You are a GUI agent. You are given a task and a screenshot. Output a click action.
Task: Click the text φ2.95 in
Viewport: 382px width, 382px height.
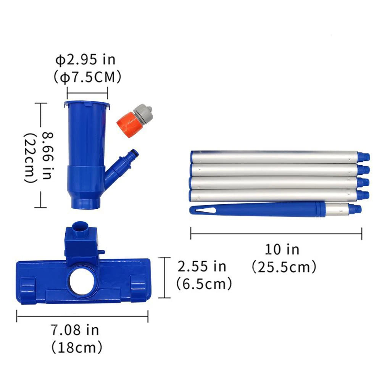coord(85,60)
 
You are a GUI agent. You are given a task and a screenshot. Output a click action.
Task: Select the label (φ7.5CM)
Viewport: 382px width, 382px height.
coord(87,77)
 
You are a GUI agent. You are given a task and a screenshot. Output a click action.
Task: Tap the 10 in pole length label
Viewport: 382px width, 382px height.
coord(282,250)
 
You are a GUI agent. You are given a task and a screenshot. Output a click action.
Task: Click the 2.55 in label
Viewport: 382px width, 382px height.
coord(202,266)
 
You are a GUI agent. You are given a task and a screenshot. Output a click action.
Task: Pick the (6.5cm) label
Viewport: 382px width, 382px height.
coord(204,284)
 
